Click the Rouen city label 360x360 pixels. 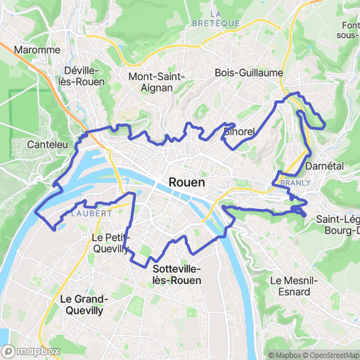click(x=187, y=183)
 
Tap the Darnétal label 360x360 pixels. click(x=324, y=167)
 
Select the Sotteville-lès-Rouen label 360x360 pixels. click(x=176, y=275)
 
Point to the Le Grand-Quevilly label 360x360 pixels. click(x=82, y=304)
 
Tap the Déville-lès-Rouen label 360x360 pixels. click(x=84, y=76)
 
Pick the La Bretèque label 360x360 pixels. click(x=216, y=18)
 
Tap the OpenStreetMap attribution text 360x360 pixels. click(x=330, y=355)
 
